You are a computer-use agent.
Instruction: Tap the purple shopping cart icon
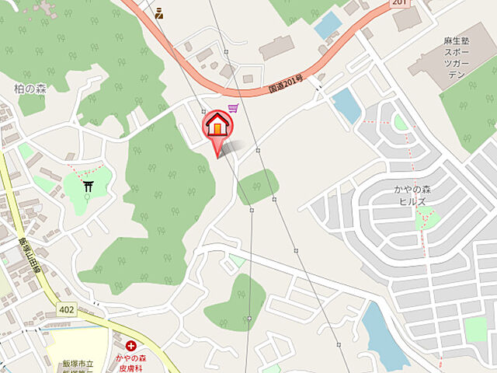coord(233,110)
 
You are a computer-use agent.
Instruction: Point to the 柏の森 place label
coord(30,89)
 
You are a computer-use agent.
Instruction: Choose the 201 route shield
coord(399,3)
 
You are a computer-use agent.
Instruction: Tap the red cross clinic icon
coord(130,345)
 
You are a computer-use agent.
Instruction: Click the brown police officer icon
coord(158,12)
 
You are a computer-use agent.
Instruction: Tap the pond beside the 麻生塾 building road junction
coord(346,105)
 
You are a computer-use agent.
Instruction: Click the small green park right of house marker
coord(257,186)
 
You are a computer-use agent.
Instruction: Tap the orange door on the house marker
coord(218,125)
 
